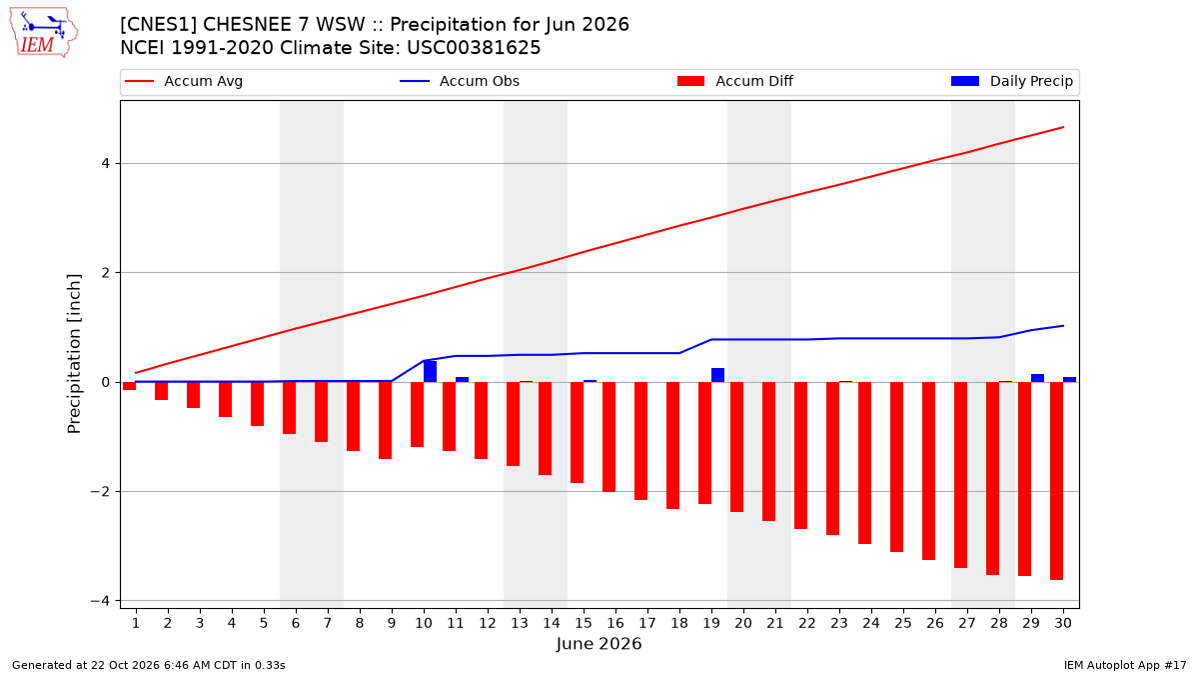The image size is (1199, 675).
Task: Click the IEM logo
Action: pyautogui.click(x=44, y=33)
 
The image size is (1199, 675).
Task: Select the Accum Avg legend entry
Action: pyautogui.click(x=184, y=81)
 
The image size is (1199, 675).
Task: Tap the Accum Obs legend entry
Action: pyautogui.click(x=460, y=81)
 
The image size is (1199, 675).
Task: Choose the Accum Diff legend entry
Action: pyautogui.click(x=735, y=81)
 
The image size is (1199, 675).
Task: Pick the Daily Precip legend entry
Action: pyautogui.click(x=1011, y=81)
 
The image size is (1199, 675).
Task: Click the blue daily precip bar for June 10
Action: pyautogui.click(x=430, y=371)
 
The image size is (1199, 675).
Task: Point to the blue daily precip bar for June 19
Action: pyautogui.click(x=717, y=375)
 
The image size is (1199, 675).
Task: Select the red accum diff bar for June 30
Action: pyautogui.click(x=1057, y=481)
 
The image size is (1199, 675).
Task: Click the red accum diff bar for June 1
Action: pyautogui.click(x=130, y=386)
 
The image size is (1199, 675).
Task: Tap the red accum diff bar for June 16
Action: pyautogui.click(x=609, y=437)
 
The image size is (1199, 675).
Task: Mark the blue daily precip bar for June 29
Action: pyautogui.click(x=1037, y=378)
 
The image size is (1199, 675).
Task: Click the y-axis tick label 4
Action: pyautogui.click(x=105, y=163)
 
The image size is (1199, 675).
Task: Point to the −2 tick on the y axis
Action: pyautogui.click(x=101, y=491)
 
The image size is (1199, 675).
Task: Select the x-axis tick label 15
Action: pyautogui.click(x=584, y=623)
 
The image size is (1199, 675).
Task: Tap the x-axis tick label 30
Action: pyautogui.click(x=1063, y=623)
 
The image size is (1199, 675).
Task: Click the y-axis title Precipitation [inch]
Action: pyautogui.click(x=74, y=354)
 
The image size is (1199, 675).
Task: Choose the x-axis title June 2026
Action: pyautogui.click(x=599, y=643)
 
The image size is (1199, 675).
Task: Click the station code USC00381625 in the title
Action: pyautogui.click(x=474, y=48)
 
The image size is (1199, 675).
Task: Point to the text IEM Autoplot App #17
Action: pyautogui.click(x=1125, y=665)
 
